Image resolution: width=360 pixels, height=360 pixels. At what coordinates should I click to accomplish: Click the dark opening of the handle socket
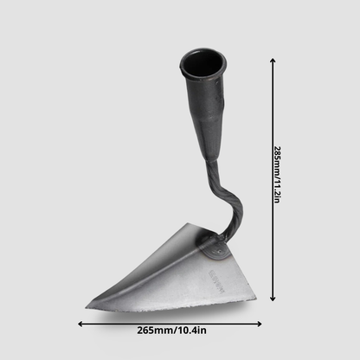point(203,65)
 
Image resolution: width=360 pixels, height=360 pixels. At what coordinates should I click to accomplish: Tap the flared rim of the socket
point(202,77)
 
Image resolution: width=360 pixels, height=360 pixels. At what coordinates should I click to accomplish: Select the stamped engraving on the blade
point(215,279)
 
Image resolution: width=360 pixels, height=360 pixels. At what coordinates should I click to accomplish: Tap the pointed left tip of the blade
point(86,307)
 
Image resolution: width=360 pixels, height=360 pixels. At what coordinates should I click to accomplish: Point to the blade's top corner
point(188,223)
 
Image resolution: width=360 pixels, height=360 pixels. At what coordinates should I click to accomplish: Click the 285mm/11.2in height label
point(277,175)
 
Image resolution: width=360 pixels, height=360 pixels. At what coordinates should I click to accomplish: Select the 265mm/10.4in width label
point(171,331)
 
